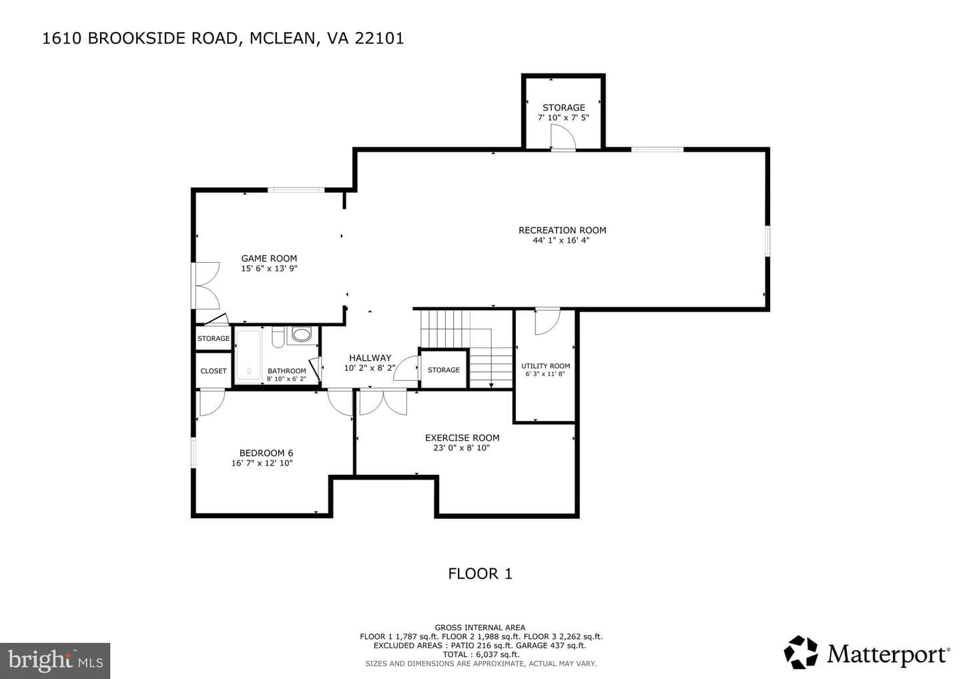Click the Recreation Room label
(562, 230)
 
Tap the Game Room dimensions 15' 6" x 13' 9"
(269, 269)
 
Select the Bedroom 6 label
(266, 453)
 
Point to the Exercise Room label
(462, 438)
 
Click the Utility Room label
(545, 366)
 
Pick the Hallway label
(370, 358)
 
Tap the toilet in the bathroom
(278, 337)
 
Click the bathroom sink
(302, 334)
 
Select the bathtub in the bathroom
(249, 355)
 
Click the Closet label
(214, 371)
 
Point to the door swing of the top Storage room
(563, 137)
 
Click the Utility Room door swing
(547, 322)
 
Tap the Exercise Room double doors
(383, 402)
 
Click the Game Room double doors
(207, 286)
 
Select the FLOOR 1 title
(480, 574)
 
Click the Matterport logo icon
(801, 652)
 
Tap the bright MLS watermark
(55, 660)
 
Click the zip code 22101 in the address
(379, 38)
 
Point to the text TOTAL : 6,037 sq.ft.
(481, 654)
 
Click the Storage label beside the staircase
(444, 370)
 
